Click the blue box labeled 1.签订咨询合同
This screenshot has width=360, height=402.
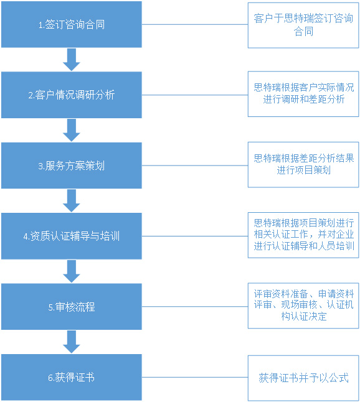(72, 24)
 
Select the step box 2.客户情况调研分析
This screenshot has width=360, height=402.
(72, 95)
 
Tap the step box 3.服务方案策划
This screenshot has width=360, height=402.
(72, 166)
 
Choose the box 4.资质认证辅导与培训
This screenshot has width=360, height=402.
(72, 236)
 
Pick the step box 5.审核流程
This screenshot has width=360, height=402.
(72, 307)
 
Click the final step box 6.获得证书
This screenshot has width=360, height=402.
(72, 377)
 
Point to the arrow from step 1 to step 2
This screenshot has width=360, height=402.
(72, 60)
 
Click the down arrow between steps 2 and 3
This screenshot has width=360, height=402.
(72, 130)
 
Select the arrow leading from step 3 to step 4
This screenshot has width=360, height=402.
(72, 201)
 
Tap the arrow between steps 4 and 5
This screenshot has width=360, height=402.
(72, 271)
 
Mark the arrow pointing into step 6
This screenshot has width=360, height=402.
(72, 342)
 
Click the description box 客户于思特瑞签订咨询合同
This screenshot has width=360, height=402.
(303, 25)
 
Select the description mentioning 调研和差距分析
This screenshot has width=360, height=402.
(303, 94)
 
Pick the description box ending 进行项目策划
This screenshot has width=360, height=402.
(303, 164)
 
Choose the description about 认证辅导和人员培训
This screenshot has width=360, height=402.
(303, 235)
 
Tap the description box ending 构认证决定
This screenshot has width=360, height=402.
(303, 306)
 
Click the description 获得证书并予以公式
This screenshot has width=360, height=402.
(303, 378)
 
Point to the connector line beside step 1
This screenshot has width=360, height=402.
(195, 25)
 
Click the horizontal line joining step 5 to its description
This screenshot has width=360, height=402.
(195, 307)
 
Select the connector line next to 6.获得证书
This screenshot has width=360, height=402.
(195, 377)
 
